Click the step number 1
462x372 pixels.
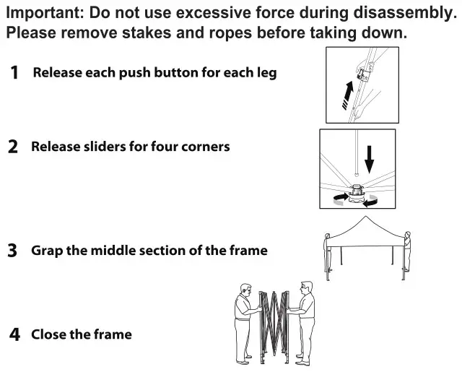pyautogui.click(x=14, y=73)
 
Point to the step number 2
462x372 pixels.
pyautogui.click(x=13, y=147)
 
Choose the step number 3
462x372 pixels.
pyautogui.click(x=13, y=251)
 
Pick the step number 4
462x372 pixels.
pyautogui.click(x=14, y=334)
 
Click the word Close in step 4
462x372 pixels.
pyautogui.click(x=48, y=334)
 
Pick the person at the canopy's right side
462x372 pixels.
pyautogui.click(x=408, y=256)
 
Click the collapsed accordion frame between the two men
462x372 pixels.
pyautogui.click(x=274, y=325)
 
